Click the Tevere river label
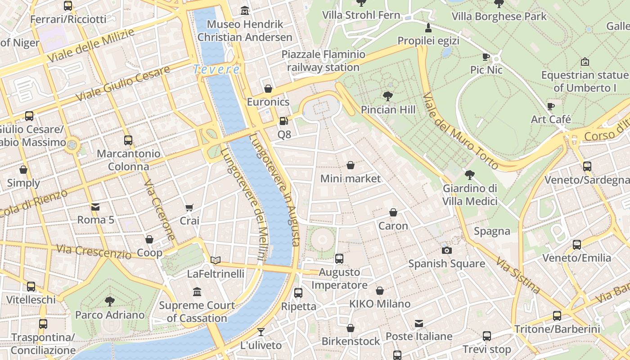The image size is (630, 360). [x=216, y=69]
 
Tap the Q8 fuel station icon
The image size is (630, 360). [x=283, y=121]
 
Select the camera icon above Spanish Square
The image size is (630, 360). [x=446, y=250]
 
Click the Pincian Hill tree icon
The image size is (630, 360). [x=387, y=96]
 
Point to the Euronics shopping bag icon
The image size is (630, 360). [x=268, y=89]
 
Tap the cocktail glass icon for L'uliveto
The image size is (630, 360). [x=261, y=332]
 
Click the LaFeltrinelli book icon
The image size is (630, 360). [x=216, y=260]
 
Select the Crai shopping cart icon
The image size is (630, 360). [x=189, y=207]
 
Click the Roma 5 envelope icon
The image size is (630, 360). [x=95, y=207]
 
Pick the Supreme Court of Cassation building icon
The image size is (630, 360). [x=197, y=292]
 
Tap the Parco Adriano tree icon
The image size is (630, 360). [x=109, y=301]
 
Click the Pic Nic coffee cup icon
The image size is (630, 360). [x=486, y=57]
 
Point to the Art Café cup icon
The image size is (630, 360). [x=551, y=106]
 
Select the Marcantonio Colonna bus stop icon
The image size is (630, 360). [x=128, y=140]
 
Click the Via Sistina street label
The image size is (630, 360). [x=517, y=274]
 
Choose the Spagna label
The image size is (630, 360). [x=492, y=231]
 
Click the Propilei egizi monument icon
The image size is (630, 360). [x=428, y=28]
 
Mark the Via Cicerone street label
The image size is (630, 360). [x=160, y=210]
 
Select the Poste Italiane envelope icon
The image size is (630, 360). [x=419, y=323]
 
